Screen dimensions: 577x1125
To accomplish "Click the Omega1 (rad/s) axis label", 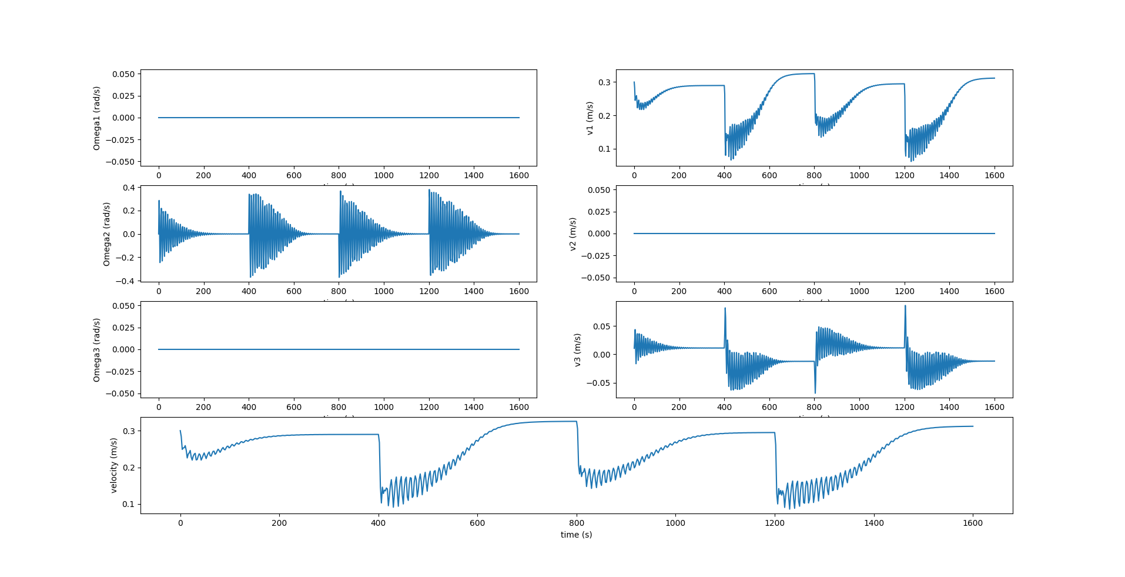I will tap(97, 118).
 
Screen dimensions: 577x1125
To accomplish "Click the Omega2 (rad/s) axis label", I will tap(106, 234).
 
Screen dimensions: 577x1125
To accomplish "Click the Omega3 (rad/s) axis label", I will tap(97, 350).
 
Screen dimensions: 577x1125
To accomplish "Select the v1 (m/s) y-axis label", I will tap(590, 118).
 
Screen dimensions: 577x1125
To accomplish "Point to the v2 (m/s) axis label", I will tap(572, 234).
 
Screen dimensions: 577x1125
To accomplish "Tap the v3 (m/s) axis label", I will tap(577, 350).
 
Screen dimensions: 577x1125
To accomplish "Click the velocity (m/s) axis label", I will tap(114, 465).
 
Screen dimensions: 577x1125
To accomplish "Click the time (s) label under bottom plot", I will tap(576, 535).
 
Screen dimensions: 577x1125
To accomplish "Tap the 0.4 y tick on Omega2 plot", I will tap(128, 188).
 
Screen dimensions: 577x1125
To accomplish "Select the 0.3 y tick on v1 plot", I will tap(604, 82).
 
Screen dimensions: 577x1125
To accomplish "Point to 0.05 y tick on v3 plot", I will tap(602, 326).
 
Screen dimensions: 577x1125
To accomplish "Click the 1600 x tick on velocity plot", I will tap(973, 523).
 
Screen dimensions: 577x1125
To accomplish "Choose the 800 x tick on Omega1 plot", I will tap(339, 175).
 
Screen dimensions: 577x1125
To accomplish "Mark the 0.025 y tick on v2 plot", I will tap(599, 212).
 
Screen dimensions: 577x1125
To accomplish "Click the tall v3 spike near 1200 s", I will tap(905, 306).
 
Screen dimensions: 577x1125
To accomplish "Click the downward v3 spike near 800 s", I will tap(815, 392).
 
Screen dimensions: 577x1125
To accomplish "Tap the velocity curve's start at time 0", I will tap(180, 431).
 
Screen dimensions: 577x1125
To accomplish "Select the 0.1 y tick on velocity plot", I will tap(128, 504).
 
